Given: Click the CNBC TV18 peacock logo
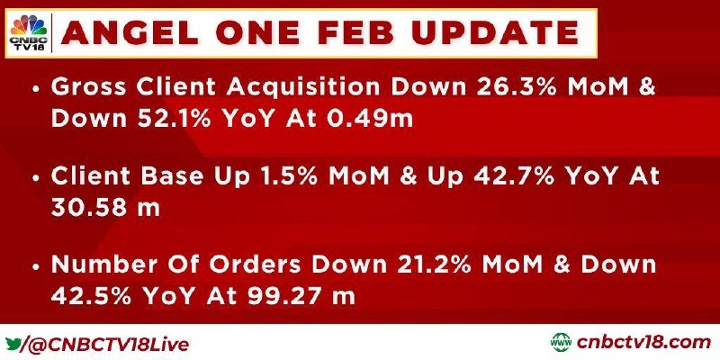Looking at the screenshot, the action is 29,32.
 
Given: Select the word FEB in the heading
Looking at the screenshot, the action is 363,33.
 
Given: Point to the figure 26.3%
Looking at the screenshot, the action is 517,87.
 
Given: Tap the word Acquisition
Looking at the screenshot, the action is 302,88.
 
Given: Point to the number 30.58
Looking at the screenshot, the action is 88,208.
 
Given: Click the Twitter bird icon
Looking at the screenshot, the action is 13,344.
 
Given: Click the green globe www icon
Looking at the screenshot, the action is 561,343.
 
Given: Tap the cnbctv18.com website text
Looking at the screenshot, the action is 643,343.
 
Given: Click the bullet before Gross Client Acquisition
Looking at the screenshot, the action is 36,89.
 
